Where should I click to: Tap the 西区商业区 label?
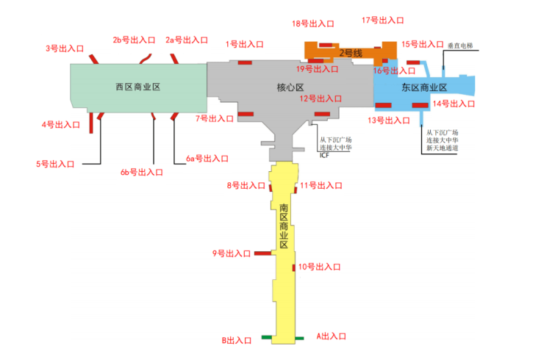(137, 87)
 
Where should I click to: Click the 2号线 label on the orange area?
(351, 53)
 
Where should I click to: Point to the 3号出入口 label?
(64, 48)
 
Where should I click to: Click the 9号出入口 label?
(232, 253)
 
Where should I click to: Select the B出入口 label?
(237, 340)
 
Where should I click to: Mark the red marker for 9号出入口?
(263, 253)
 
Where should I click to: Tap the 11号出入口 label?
(321, 186)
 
